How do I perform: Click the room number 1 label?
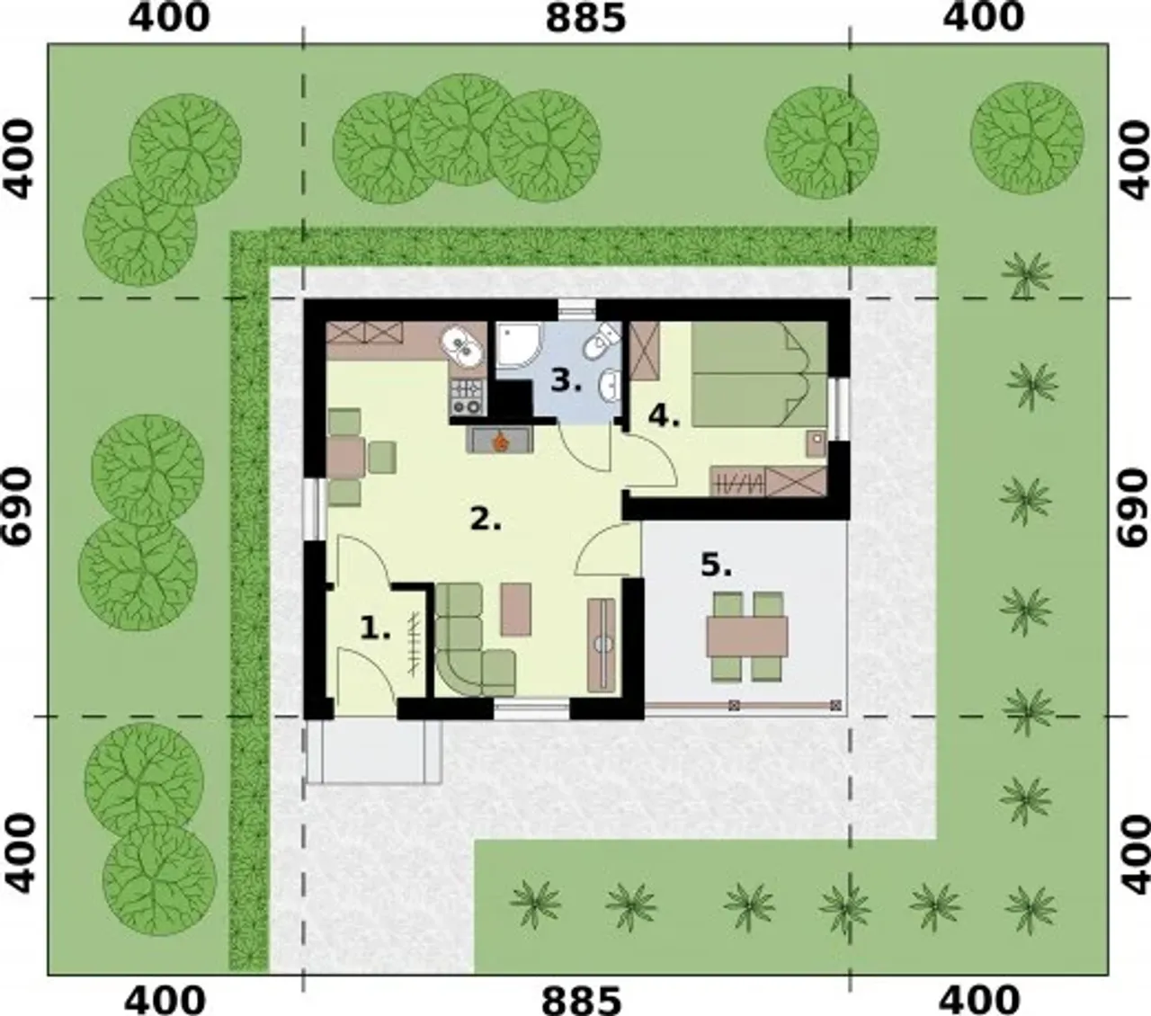376,629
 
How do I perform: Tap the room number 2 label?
486,520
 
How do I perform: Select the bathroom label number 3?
567,380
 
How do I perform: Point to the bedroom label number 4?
665,417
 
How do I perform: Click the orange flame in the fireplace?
501,441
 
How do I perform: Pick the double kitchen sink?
464,347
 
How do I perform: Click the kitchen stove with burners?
467,397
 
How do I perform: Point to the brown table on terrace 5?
747,637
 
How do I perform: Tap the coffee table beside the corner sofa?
516,609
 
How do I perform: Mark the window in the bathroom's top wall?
576,310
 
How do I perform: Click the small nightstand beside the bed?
816,444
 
